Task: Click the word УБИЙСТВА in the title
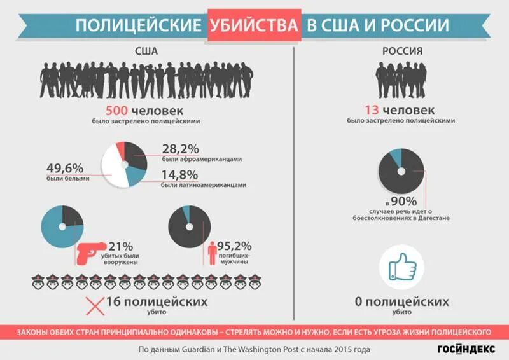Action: click(x=253, y=25)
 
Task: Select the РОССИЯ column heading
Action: click(x=400, y=50)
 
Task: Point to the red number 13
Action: click(x=373, y=109)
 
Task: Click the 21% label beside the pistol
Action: click(x=121, y=246)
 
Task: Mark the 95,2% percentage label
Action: click(x=234, y=246)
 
